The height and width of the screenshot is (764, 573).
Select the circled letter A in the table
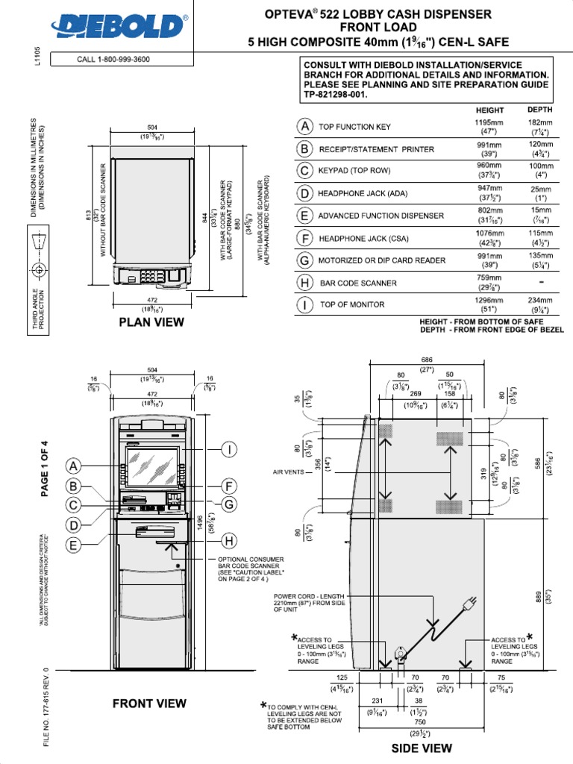[304, 127]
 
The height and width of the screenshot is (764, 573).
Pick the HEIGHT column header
[489, 109]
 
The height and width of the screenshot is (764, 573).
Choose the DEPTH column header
[539, 109]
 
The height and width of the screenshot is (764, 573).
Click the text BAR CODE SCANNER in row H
[358, 284]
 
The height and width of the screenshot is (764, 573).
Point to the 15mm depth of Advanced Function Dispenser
[540, 211]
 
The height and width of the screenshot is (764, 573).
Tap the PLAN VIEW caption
[151, 322]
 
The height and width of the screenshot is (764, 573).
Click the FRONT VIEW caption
[149, 703]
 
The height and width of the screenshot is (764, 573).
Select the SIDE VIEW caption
[422, 748]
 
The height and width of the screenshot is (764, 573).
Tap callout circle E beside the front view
[74, 545]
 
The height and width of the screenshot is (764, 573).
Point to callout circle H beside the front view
[229, 540]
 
